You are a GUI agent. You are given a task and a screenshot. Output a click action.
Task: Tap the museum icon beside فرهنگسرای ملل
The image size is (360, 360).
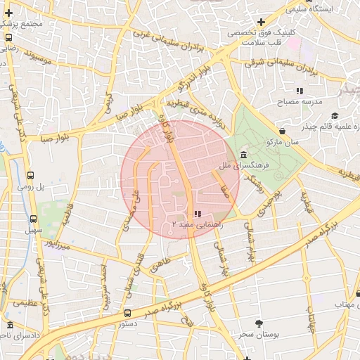click(243, 155)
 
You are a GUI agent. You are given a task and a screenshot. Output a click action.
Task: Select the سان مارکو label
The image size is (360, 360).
click(283, 142)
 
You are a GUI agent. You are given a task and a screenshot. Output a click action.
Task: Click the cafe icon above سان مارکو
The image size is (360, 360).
click(283, 131)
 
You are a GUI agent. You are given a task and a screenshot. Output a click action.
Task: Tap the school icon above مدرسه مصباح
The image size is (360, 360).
click(300, 91)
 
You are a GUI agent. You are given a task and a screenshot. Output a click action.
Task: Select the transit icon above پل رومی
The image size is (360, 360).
click(30, 175)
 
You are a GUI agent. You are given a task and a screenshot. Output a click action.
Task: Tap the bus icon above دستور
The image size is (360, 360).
click(127, 313)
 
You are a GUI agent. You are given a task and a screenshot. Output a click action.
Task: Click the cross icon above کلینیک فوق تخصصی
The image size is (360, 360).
click(261, 22)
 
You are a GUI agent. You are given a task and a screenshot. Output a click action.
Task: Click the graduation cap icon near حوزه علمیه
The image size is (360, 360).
click(335, 115)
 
